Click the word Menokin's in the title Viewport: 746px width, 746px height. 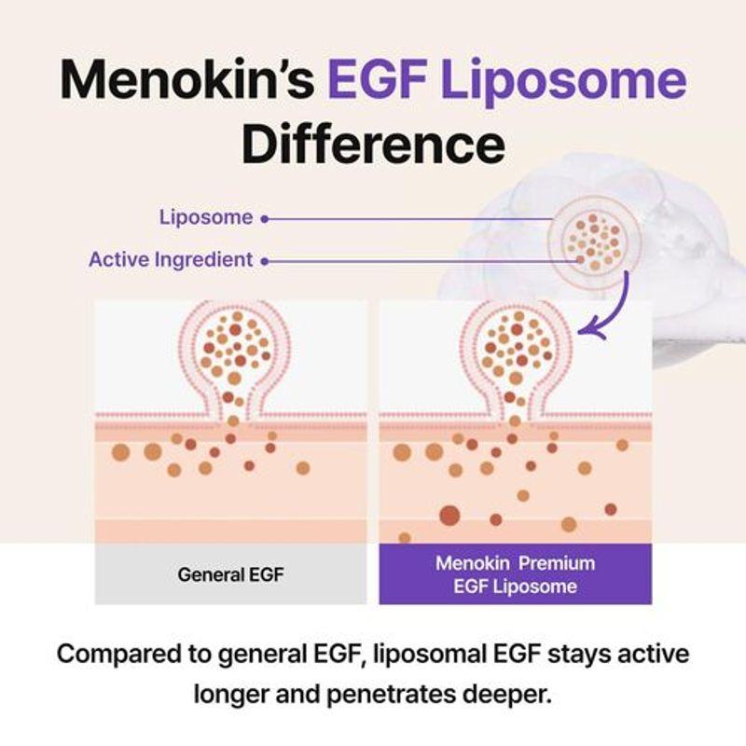[187, 79]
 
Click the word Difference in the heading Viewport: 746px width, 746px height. [373, 144]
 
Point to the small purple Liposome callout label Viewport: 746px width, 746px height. [206, 218]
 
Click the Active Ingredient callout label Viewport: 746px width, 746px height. [171, 260]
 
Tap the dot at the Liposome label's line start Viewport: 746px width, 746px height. [265, 219]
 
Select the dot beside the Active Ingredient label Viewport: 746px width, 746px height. [265, 261]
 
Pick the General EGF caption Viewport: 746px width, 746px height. [230, 574]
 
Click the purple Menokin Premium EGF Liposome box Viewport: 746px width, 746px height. [516, 573]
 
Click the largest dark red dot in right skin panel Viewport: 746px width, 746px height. [449, 516]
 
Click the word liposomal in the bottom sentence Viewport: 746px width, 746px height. [429, 656]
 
